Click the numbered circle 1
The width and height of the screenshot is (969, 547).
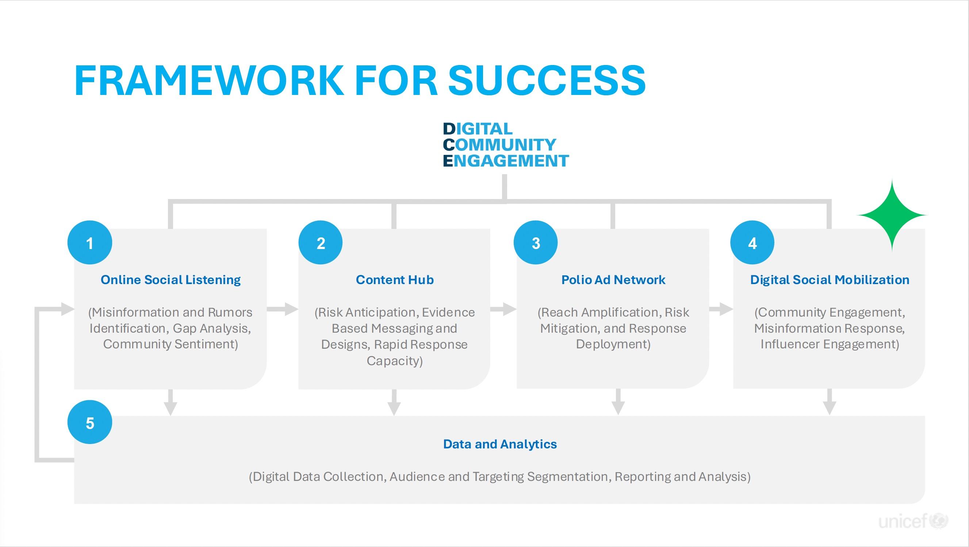coord(89,243)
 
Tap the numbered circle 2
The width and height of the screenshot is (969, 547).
coord(321,243)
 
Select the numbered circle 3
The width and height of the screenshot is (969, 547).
coord(536,243)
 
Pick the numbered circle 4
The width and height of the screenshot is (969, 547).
coord(752,243)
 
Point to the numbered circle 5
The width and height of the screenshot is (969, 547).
coord(89,422)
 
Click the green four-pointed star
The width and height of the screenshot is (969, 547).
coord(892,215)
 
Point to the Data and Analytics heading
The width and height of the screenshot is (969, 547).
coord(500,444)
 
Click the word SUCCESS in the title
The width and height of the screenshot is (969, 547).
coord(547,80)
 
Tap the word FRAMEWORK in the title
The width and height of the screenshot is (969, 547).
coord(209,80)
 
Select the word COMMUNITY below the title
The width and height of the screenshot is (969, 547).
coord(499,145)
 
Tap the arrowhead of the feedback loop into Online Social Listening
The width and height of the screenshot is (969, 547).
coord(68,309)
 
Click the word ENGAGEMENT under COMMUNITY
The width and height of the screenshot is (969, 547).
coord(506,161)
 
